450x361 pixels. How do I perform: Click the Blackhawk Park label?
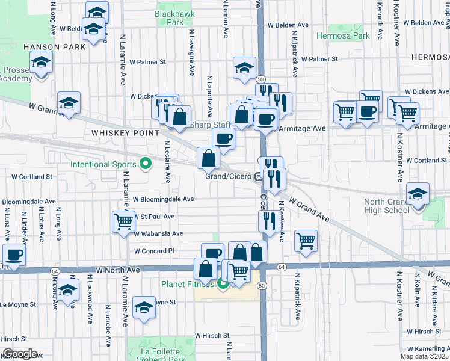coord(169,18)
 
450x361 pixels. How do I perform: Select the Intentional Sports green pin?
coord(145,163)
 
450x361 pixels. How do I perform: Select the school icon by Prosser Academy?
coord(41,63)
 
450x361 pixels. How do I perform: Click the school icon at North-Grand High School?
coord(417,194)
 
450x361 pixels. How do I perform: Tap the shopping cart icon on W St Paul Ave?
coord(124,221)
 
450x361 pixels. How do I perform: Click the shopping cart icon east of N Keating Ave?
coord(306,241)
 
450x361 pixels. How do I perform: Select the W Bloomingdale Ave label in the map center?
coord(163,199)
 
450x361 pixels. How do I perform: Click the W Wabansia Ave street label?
coord(158,233)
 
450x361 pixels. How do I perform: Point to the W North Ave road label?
coord(116,270)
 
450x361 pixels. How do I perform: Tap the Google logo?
coord(20,354)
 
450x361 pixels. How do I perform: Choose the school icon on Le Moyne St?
coord(144,308)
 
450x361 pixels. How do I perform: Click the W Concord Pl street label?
coord(154,251)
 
